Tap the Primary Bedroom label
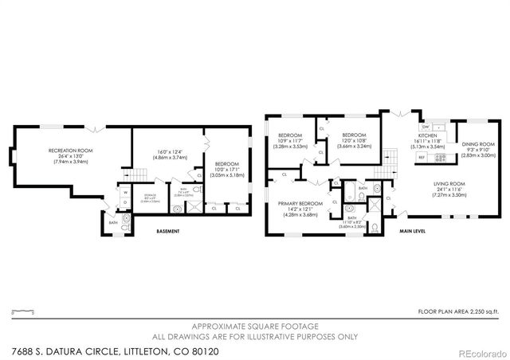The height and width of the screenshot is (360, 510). click(x=300, y=208)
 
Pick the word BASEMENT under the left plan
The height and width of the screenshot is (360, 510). click(x=167, y=232)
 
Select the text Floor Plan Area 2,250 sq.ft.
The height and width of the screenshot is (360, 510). click(x=459, y=312)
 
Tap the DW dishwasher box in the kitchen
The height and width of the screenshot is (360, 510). click(x=426, y=127)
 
